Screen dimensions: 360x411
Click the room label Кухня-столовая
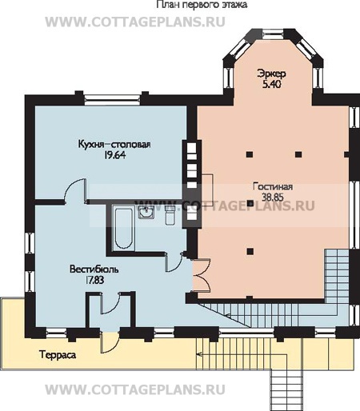tap(114, 144)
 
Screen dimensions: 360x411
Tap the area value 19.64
tap(114, 155)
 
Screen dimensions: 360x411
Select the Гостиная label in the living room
tap(273, 186)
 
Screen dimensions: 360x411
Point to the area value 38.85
tap(273, 198)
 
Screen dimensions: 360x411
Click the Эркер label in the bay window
tap(271, 74)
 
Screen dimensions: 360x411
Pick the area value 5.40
tap(272, 84)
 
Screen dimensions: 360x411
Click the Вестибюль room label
tap(94, 269)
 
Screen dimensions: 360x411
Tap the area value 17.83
tap(94, 280)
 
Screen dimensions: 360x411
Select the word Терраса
tap(58, 355)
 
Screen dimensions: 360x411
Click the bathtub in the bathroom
tap(123, 228)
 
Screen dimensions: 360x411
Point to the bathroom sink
tap(146, 213)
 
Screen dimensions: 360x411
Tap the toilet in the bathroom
tap(170, 215)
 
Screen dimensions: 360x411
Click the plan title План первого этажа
tap(202, 5)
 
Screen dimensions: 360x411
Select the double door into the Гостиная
tap(202, 275)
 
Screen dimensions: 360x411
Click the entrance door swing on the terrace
tap(109, 343)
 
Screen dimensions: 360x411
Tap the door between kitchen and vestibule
tap(75, 190)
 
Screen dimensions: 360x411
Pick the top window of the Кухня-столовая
tap(113, 99)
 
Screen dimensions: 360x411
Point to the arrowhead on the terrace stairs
tap(198, 354)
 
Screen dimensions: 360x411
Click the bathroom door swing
tap(174, 263)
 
